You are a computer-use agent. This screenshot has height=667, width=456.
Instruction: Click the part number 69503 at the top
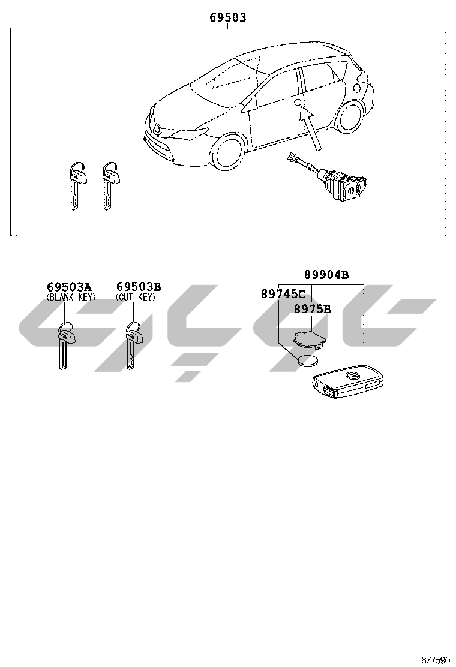(227, 18)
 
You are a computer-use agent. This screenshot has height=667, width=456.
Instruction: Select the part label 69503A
(70, 287)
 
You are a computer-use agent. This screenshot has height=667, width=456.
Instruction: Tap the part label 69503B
(139, 287)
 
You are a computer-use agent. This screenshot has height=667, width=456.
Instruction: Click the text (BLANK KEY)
(71, 297)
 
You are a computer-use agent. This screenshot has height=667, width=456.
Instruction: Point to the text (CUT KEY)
(135, 297)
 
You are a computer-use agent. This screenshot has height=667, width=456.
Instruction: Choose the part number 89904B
(326, 275)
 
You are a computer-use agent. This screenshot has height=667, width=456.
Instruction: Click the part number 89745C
(283, 294)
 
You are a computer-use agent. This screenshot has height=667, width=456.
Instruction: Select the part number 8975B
(312, 309)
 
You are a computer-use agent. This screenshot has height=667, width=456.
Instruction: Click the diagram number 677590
(435, 659)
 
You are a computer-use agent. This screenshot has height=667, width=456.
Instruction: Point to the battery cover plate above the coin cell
(307, 337)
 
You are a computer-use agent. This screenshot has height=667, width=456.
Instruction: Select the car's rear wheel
(349, 118)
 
